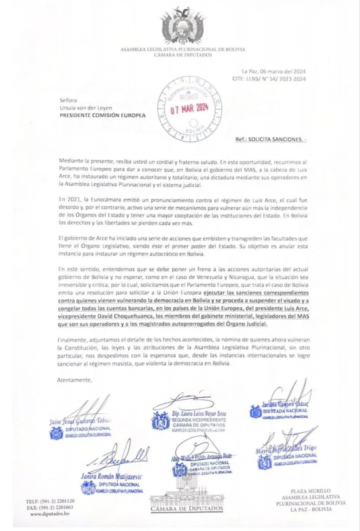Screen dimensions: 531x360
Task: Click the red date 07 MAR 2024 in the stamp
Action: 190,108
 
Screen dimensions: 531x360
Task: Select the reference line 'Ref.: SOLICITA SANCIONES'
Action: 271,139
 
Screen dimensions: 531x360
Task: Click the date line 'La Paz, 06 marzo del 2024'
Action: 273,72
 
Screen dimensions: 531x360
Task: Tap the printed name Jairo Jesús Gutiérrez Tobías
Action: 80,421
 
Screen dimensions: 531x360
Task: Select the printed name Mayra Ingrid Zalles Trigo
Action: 286,451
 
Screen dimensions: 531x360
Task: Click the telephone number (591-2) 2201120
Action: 55,501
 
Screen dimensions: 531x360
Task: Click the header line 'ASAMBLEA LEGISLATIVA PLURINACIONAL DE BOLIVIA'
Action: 183,50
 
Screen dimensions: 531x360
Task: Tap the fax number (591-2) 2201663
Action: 55,507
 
